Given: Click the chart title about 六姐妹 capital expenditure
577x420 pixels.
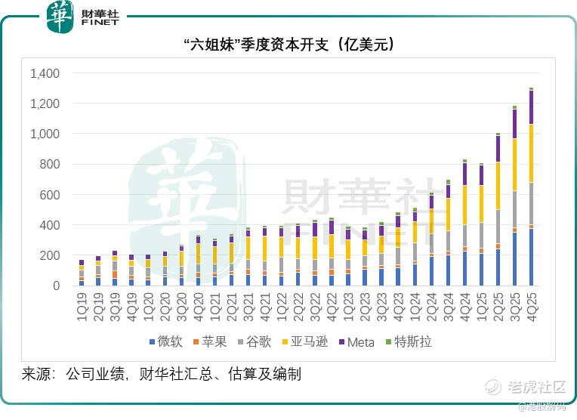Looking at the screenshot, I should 288,46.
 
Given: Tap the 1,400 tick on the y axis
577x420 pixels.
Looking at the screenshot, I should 44,73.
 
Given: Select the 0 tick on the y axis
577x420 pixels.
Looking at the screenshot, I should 55,286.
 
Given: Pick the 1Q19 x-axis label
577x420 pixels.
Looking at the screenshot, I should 82,305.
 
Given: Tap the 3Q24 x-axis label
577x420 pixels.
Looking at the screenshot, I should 448,305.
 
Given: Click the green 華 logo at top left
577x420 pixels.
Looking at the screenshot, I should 60,17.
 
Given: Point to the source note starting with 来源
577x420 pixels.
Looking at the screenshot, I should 162,374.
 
